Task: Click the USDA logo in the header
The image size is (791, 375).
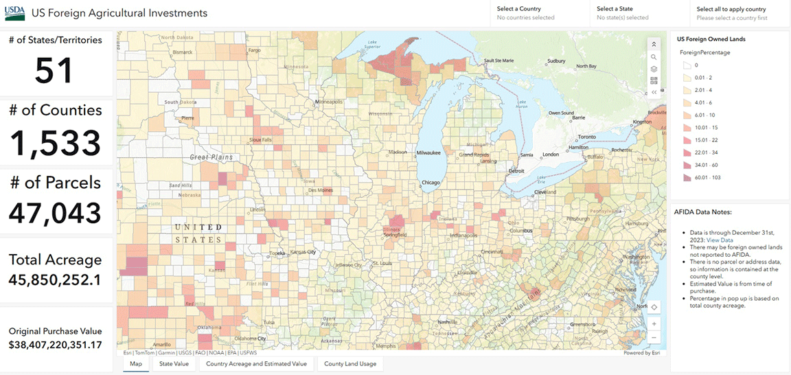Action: click(x=15, y=13)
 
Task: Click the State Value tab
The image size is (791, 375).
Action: click(x=174, y=363)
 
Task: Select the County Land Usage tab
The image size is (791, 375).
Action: click(x=350, y=363)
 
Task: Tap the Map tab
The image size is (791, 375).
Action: click(x=136, y=363)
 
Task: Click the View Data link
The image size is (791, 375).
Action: click(x=720, y=240)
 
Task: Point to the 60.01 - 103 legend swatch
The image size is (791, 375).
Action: click(x=686, y=178)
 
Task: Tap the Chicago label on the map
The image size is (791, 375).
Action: click(x=431, y=182)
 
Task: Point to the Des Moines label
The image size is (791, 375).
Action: click(x=321, y=190)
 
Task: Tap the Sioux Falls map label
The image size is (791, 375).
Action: click(x=261, y=139)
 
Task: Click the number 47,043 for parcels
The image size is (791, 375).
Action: click(x=55, y=213)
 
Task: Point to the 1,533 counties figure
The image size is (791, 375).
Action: click(x=55, y=142)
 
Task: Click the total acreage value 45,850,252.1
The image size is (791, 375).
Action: click(x=55, y=280)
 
